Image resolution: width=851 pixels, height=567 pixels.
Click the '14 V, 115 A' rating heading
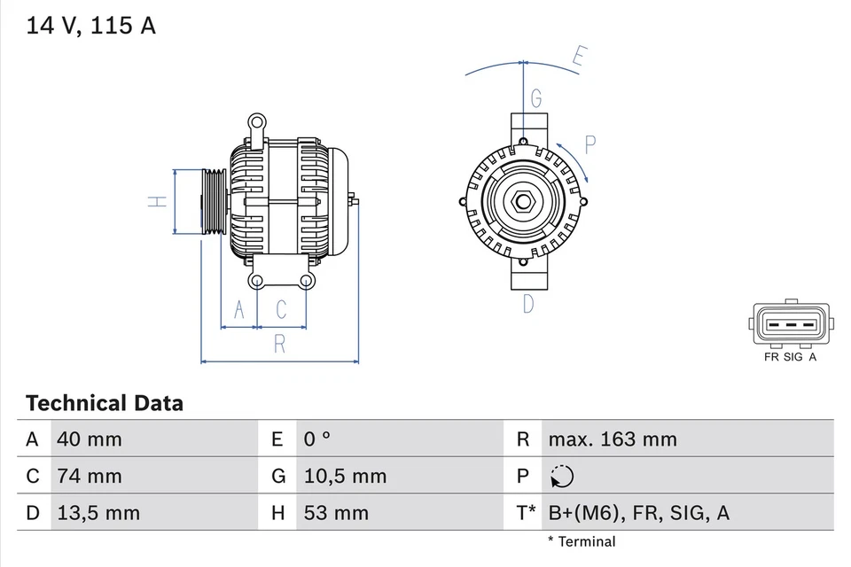pyautogui.click(x=91, y=26)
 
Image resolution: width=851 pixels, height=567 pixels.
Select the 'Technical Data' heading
pyautogui.click(x=105, y=404)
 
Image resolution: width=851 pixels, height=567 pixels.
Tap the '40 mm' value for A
pyautogui.click(x=89, y=439)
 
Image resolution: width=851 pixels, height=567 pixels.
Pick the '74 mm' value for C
pyautogui.click(x=89, y=476)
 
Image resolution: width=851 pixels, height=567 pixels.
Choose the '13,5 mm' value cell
pyautogui.click(x=98, y=513)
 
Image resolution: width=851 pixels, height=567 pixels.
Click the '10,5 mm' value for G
pyautogui.click(x=346, y=476)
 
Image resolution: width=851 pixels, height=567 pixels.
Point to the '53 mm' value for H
pyautogui.click(x=337, y=513)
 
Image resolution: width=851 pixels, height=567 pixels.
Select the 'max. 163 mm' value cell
pyautogui.click(x=612, y=439)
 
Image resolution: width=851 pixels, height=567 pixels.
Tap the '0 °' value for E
pyautogui.click(x=316, y=439)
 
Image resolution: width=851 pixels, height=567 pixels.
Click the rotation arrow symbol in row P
pyautogui.click(x=561, y=477)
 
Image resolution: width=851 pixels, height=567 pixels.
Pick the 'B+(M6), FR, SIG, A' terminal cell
pyautogui.click(x=638, y=513)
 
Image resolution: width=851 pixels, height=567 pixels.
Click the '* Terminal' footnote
pyautogui.click(x=581, y=541)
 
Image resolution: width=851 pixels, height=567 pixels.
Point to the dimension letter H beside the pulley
pyautogui.click(x=156, y=201)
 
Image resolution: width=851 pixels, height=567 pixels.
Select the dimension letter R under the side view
pyautogui.click(x=279, y=345)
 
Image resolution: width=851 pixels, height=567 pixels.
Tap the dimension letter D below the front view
pyautogui.click(x=528, y=304)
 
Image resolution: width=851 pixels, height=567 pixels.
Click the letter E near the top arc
pyautogui.click(x=578, y=58)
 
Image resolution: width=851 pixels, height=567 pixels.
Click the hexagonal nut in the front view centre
pyautogui.click(x=523, y=201)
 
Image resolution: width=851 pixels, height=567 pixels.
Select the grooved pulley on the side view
pyautogui.click(x=213, y=201)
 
